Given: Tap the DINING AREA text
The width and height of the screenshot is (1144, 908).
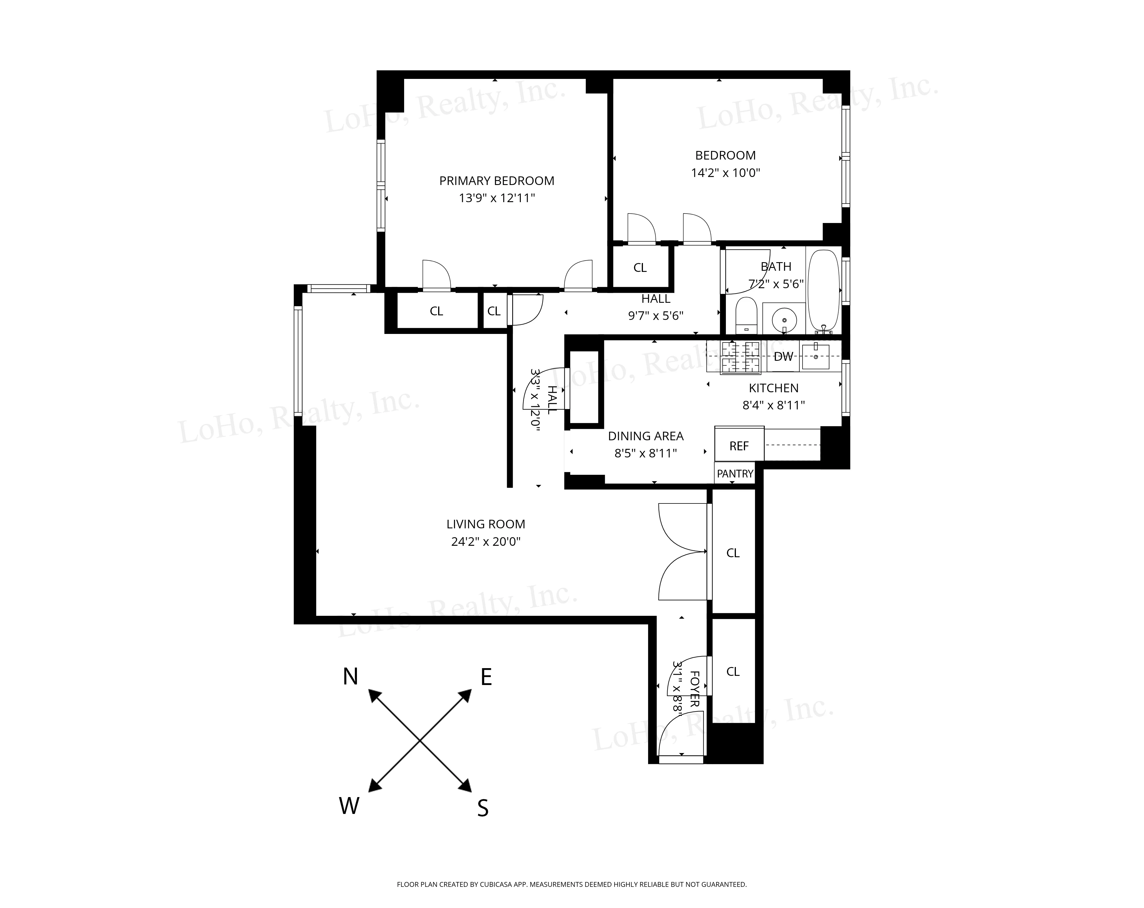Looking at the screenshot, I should tap(645, 436).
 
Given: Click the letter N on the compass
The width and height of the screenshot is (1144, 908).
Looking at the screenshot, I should tap(350, 677).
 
